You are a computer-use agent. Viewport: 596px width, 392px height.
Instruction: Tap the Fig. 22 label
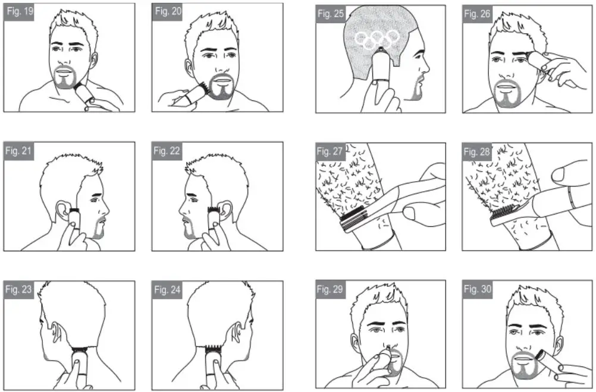coord(167,151)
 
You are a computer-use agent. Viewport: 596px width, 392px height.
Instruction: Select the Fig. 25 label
coord(331,14)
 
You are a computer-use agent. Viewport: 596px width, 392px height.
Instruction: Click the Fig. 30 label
coord(478,289)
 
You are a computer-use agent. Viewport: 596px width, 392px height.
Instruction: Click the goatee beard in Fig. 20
coord(222,90)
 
